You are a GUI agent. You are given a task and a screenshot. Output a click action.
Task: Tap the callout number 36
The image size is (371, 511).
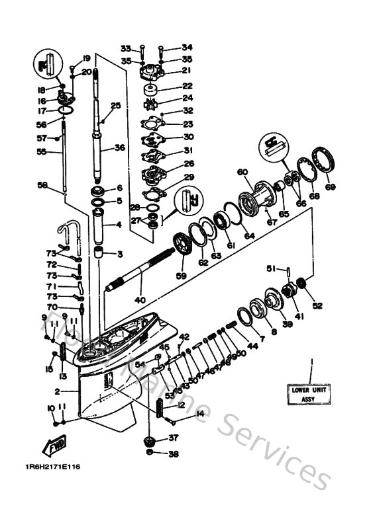coord(119,147)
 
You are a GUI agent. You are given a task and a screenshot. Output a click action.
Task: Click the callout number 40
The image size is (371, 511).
coord(140,300)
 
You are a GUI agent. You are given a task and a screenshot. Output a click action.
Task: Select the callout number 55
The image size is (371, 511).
coord(41,151)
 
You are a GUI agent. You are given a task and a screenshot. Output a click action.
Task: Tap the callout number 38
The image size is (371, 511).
coord(174,454)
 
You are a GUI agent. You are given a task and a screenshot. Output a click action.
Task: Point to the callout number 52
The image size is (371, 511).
coord(318,305)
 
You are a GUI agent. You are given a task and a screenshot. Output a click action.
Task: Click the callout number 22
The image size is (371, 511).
coord(187,86)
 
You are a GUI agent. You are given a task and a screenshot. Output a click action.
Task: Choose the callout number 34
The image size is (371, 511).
coord(187,48)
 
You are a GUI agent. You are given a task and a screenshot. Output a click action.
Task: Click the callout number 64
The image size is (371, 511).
coord(248,235)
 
